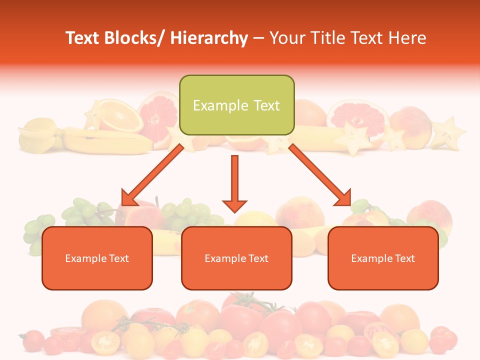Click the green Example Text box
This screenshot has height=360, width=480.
236,105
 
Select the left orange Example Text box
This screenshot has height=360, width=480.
97,258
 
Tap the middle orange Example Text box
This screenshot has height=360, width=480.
236,258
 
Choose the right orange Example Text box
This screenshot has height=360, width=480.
383,258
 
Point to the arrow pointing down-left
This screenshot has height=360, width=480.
152,175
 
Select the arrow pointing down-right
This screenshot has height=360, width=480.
320,175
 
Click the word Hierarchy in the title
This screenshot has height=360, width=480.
208,38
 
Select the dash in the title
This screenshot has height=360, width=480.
258,38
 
